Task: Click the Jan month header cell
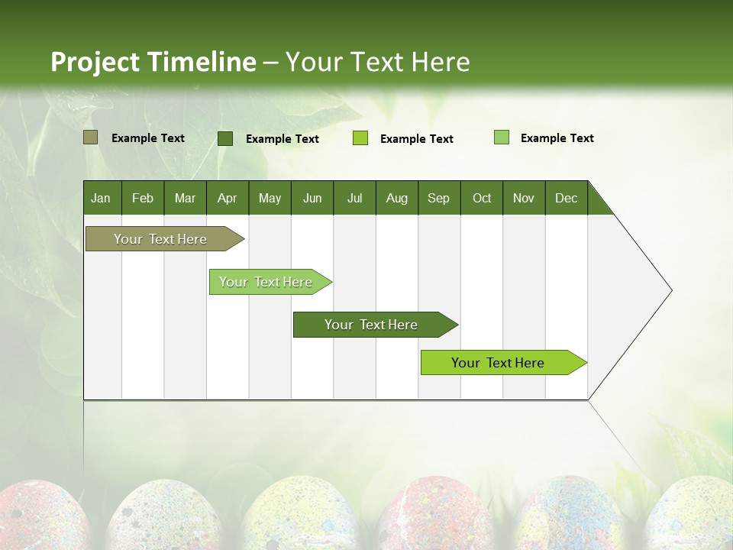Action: [x=102, y=198]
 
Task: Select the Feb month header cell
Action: [x=143, y=198]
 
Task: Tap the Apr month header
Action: [x=227, y=198]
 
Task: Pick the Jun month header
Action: [x=312, y=198]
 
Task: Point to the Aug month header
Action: [x=396, y=198]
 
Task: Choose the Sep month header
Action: [x=438, y=198]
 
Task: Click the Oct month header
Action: [x=482, y=198]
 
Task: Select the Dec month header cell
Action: [x=566, y=198]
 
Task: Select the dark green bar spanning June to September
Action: [x=372, y=325]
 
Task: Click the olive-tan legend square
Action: [x=91, y=137]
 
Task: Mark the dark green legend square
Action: [x=225, y=138]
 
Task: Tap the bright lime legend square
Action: [x=360, y=138]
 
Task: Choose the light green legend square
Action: [x=502, y=137]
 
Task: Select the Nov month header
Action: [x=524, y=198]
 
